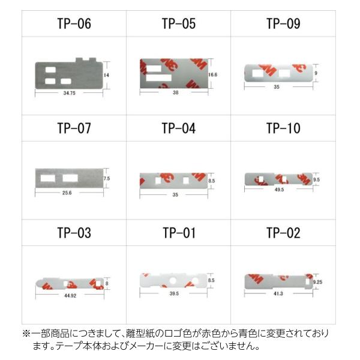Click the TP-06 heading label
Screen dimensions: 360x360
74,24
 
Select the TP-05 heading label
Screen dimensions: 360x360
178,24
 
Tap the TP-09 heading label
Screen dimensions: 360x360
283,24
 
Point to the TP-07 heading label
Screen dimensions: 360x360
74,128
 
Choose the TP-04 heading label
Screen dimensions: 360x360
178,128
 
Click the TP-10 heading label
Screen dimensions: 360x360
283,128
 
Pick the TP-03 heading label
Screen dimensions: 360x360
74,233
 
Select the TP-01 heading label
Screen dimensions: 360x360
178,233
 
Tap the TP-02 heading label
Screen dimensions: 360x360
283,233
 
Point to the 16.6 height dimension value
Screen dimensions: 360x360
212,75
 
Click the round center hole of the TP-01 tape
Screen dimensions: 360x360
173,280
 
